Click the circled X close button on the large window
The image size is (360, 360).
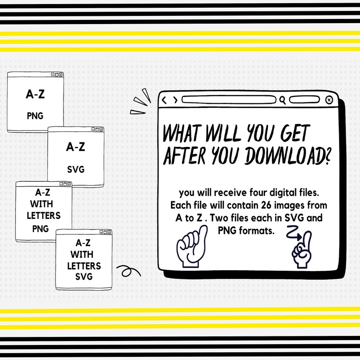[x=329, y=100]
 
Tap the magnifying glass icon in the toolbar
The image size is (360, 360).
[x=282, y=100]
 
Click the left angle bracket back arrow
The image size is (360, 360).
[x=164, y=100]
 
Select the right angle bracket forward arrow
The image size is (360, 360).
[x=175, y=100]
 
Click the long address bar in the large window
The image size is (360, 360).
[x=229, y=100]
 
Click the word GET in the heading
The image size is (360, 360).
[x=295, y=133]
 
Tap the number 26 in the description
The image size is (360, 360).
[x=266, y=205]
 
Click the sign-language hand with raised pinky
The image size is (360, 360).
[x=192, y=247]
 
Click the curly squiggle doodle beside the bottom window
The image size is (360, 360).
[x=129, y=271]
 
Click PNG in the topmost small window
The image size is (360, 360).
[x=35, y=116]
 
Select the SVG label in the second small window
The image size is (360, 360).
[x=76, y=170]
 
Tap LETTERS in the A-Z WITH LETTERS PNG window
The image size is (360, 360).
[x=44, y=215]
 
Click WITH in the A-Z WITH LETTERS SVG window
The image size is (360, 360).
[x=82, y=254]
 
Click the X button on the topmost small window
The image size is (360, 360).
[x=61, y=75]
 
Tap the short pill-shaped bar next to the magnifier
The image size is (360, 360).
[x=304, y=100]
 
